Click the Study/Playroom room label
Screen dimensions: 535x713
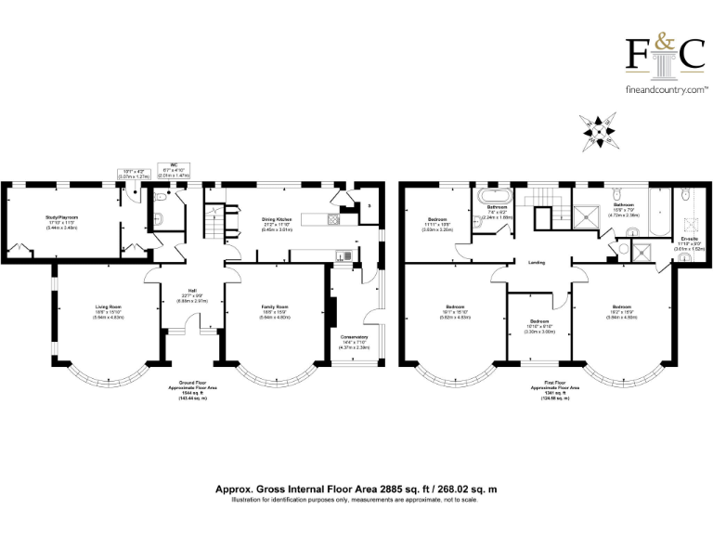[x=62, y=219]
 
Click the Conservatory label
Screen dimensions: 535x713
[x=355, y=338]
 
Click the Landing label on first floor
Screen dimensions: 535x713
[x=537, y=264]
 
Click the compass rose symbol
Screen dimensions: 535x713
[x=603, y=131]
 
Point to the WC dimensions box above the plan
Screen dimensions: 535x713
[x=174, y=170]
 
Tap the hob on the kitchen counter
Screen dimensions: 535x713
[x=331, y=219]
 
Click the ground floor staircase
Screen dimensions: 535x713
[x=214, y=223]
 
